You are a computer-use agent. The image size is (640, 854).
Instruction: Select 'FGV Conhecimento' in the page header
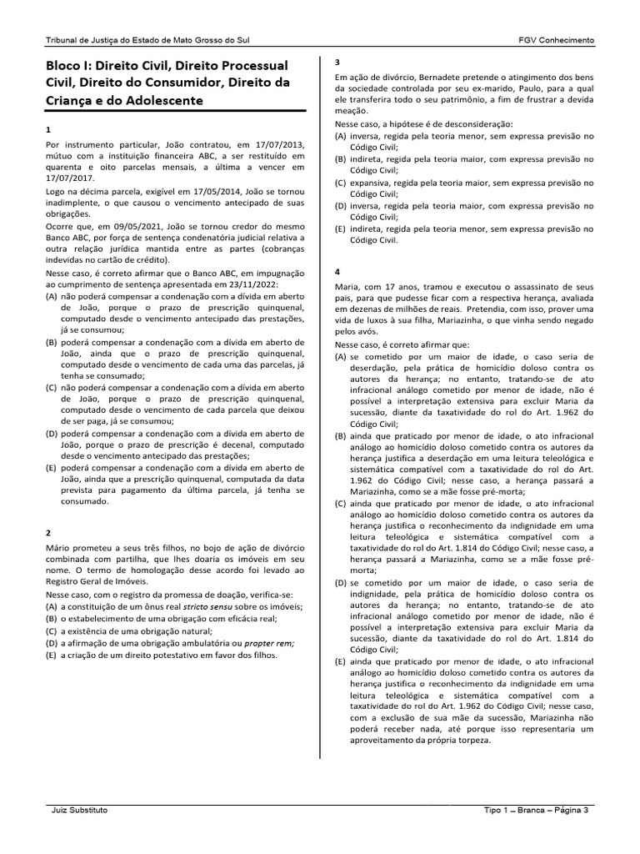556,40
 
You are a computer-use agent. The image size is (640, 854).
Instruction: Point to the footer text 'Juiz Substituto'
79,810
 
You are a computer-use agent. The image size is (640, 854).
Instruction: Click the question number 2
48,532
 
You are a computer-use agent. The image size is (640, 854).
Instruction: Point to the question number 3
337,63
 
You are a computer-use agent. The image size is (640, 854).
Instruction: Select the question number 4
337,272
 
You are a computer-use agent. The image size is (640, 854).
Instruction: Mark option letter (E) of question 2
51,656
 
